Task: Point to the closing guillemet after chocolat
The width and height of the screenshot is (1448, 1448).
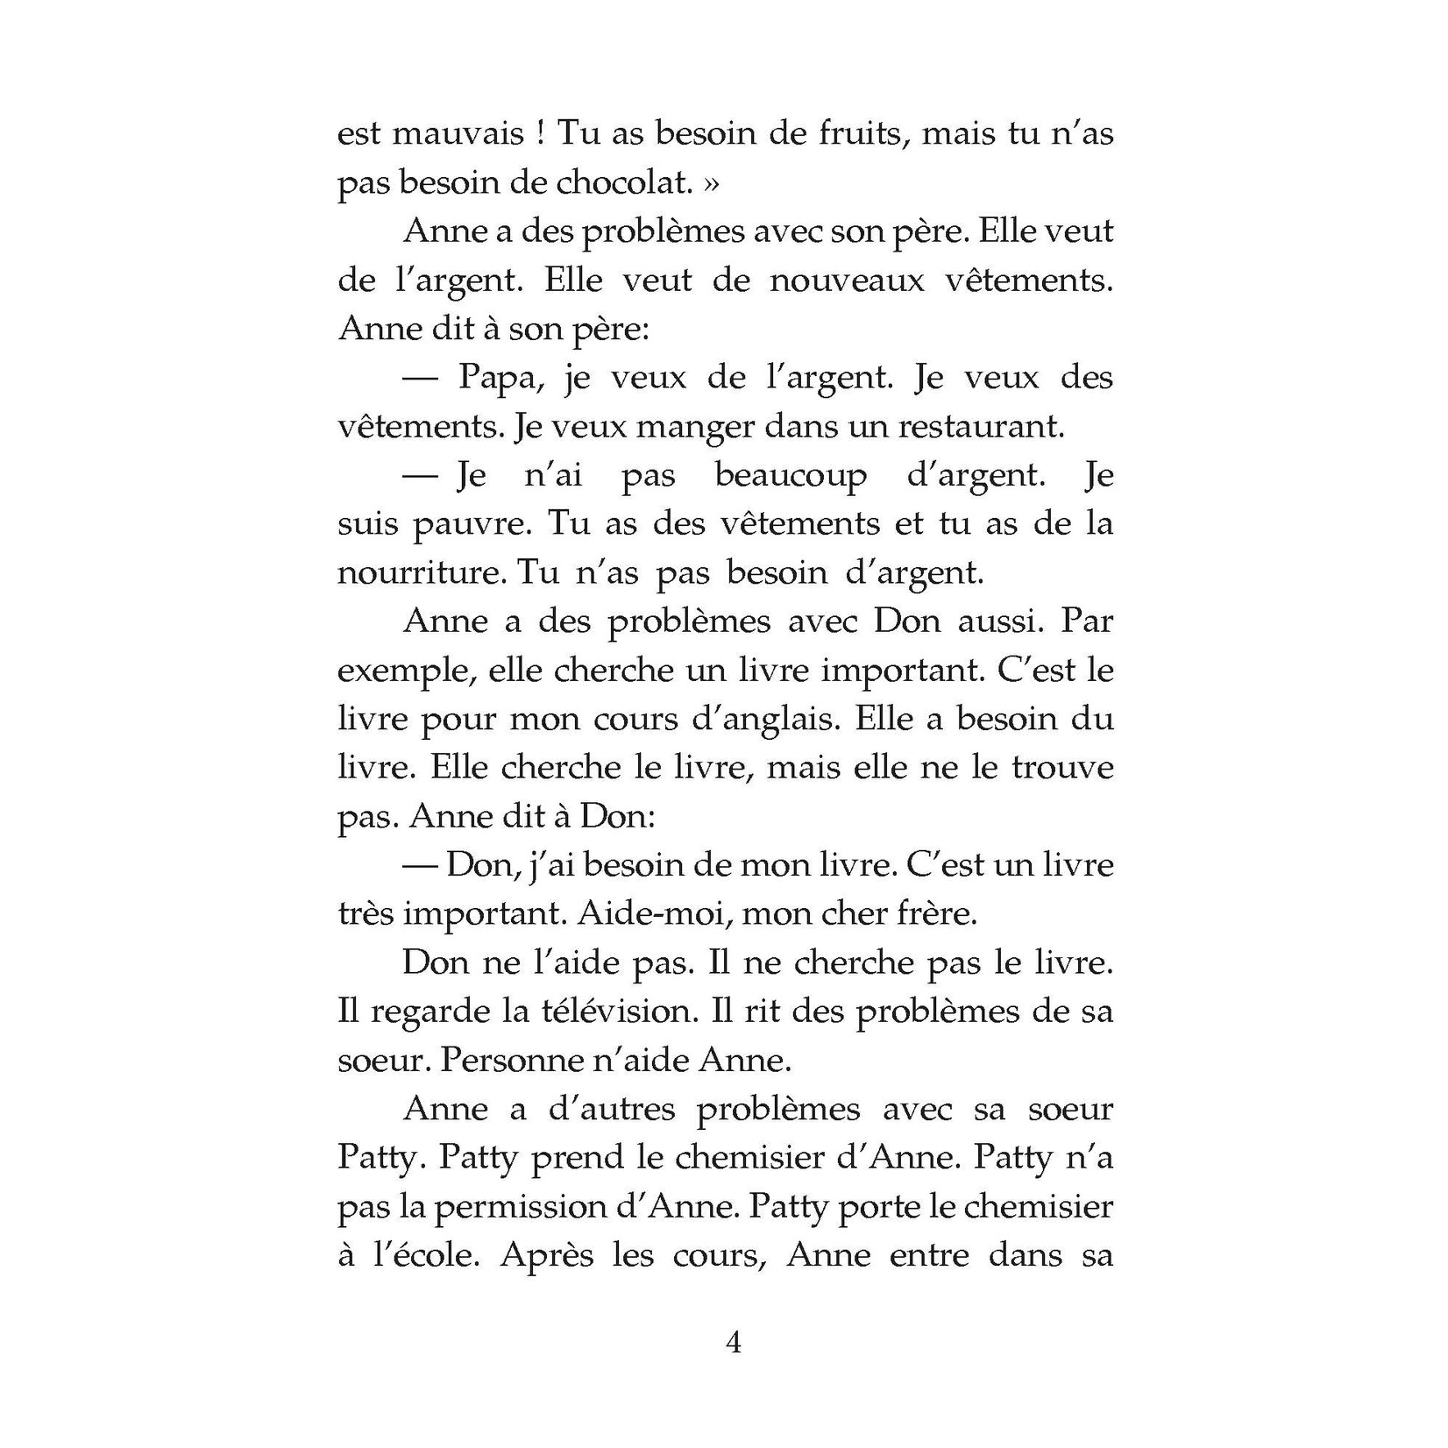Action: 711,185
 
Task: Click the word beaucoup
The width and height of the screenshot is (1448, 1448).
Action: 791,476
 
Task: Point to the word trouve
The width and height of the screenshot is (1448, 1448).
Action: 1062,768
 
